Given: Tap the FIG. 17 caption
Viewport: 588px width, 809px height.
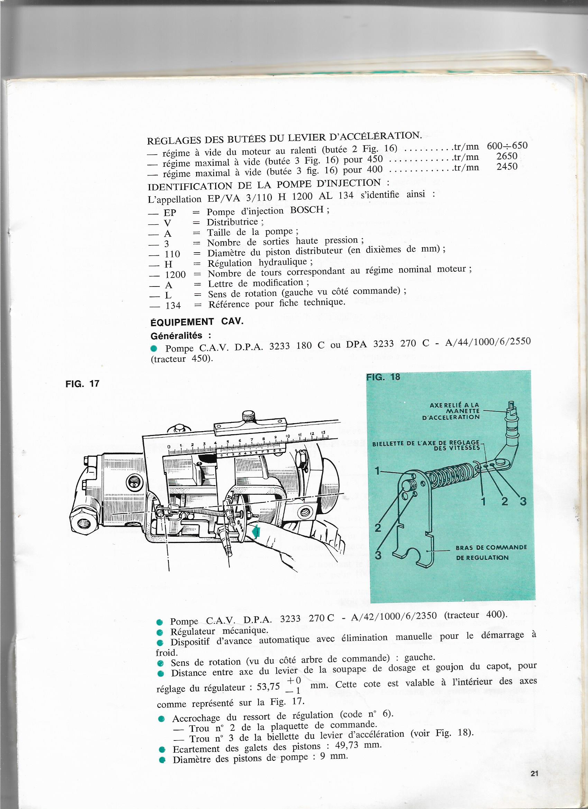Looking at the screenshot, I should pyautogui.click(x=82, y=384).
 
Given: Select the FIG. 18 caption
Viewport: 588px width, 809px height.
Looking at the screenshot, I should pyautogui.click(x=383, y=377).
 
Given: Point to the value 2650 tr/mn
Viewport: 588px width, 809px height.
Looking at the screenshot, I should pyautogui.click(x=507, y=156).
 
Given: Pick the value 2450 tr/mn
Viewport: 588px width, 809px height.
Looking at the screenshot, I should pyautogui.click(x=507, y=166).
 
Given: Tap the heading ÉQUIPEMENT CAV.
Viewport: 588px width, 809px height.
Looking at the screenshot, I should pyautogui.click(x=197, y=321).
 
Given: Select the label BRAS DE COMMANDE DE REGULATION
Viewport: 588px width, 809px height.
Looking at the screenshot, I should pyautogui.click(x=491, y=552).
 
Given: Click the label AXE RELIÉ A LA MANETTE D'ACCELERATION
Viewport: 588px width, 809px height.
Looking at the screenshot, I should pyautogui.click(x=454, y=411).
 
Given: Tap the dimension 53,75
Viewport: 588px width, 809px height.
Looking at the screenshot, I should pyautogui.click(x=268, y=687).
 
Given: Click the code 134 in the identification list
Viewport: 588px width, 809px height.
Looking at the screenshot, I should pyautogui.click(x=173, y=305).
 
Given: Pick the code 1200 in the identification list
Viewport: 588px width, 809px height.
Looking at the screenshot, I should pyautogui.click(x=175, y=275).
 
